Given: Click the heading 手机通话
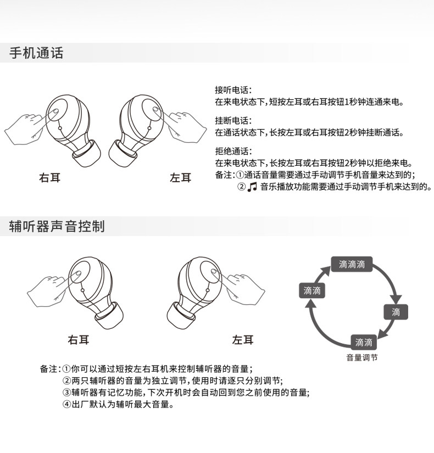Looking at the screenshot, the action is [36, 53].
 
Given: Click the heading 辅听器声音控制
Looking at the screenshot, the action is [57, 226].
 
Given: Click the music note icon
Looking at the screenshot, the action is [252, 187].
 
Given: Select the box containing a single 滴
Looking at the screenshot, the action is [396, 312].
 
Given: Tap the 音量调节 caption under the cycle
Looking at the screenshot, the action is [362, 357].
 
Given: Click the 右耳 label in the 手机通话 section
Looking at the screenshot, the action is [50, 177].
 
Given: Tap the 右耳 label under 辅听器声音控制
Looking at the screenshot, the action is [78, 340].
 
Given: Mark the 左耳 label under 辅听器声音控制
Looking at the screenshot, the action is [243, 340].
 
